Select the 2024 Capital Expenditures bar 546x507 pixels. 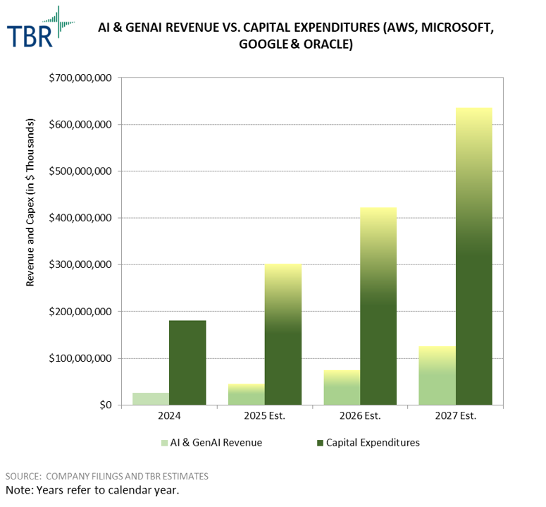click(x=187, y=362)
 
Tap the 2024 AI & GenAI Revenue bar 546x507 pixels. click(x=151, y=398)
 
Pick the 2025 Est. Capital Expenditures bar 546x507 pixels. click(x=283, y=334)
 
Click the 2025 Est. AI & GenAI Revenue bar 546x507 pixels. click(x=247, y=394)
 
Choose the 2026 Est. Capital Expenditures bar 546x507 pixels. click(x=378, y=306)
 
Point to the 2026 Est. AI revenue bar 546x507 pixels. click(x=342, y=387)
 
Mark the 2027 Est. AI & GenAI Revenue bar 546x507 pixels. click(x=437, y=375)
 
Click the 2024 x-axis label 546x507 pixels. click(x=169, y=415)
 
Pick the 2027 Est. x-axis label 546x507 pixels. click(x=455, y=415)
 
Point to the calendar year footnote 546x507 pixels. click(x=92, y=489)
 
